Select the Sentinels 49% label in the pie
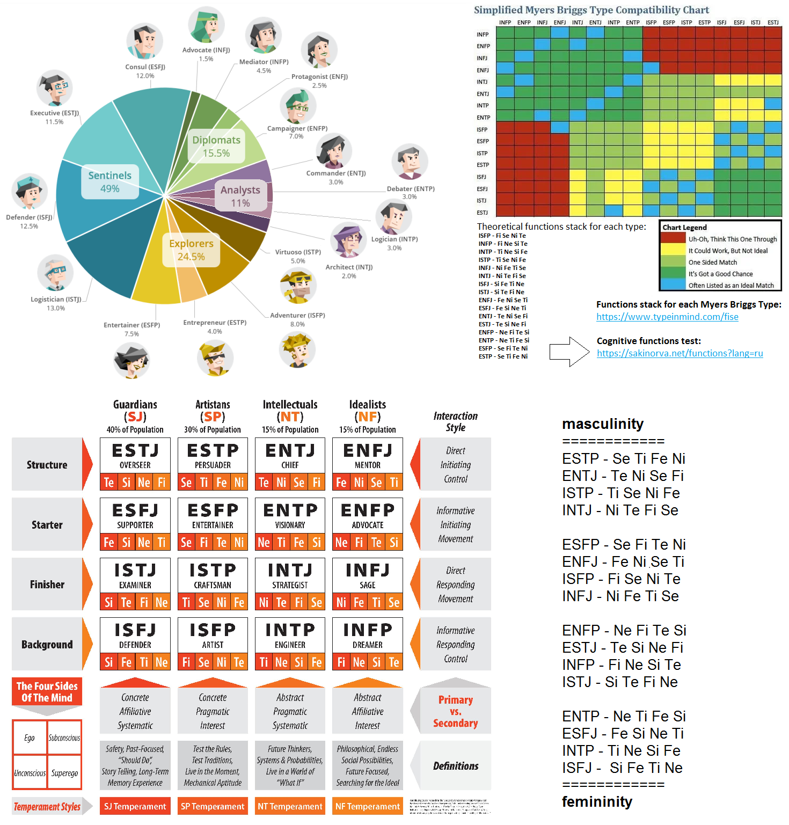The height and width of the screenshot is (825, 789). [110, 182]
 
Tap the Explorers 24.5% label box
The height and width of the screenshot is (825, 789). [191, 250]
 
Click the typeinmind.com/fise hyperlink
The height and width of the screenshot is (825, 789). [667, 317]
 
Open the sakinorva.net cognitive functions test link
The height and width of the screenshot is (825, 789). [680, 353]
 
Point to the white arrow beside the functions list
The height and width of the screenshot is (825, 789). [569, 352]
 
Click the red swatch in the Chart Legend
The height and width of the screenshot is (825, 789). [673, 238]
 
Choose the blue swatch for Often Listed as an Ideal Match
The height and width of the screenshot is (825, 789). [673, 284]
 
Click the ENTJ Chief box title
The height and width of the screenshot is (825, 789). [290, 456]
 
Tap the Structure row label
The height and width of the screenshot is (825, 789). [47, 465]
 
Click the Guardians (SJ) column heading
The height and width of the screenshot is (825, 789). [135, 411]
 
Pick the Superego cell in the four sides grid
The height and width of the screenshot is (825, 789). [64, 773]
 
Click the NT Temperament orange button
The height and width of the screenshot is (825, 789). [290, 806]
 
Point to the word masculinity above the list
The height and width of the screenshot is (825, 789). [602, 424]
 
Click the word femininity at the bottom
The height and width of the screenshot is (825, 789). [597, 802]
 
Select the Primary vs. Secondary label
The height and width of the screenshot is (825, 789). [455, 711]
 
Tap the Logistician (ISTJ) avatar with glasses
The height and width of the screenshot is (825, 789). [55, 272]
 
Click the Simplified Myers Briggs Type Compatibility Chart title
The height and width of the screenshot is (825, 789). [591, 10]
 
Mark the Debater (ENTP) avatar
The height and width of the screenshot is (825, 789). [410, 162]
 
